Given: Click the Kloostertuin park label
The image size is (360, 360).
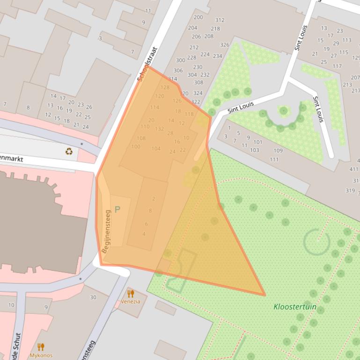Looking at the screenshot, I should pos(295,307).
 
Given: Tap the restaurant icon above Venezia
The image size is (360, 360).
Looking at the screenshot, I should pos(131,294).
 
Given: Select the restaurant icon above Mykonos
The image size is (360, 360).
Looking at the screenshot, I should pos(41,346).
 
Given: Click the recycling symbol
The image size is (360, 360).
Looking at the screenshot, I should pos(69,151).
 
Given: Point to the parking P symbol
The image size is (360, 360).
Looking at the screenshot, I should pos(117,210).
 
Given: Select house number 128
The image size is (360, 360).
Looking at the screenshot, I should pos(165,87).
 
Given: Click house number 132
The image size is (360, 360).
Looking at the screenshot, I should pos(159,129).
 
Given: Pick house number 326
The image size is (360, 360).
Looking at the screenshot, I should pos(225,45).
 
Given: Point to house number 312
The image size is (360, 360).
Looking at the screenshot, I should pos(220,20).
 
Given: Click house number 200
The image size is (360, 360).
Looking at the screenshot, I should pos(198,17).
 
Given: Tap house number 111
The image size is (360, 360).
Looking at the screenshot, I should pos(274,159).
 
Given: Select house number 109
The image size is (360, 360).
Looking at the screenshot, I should pos(278,151).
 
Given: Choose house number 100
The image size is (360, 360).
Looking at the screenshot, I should pos(136,147).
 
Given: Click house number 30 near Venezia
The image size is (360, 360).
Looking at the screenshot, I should pos(93,297).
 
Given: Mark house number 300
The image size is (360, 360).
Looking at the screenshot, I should pos(180,60).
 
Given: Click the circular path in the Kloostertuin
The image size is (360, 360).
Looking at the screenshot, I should pos(316,241).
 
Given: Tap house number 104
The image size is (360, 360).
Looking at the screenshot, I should pos(156,149).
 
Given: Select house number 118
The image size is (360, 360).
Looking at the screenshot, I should pos(189,114).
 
